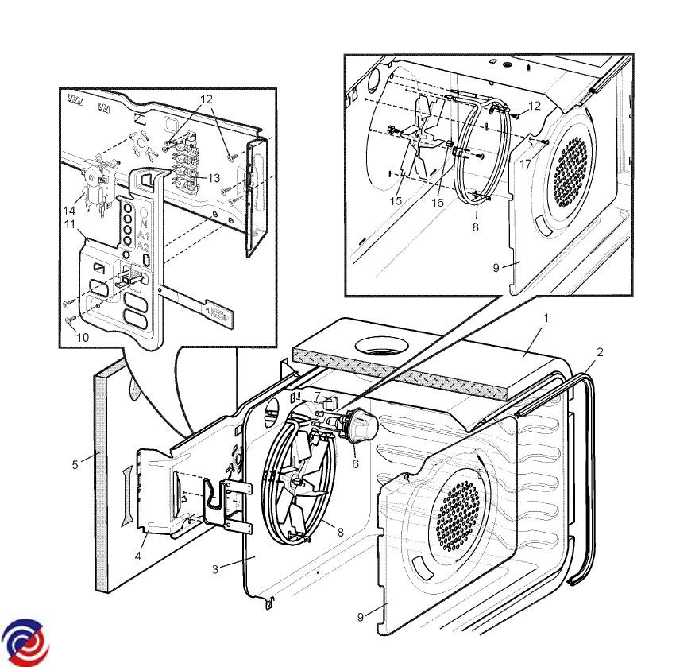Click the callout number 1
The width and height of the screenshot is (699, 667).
coord(546,317)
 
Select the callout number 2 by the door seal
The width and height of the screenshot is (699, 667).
coord(600,351)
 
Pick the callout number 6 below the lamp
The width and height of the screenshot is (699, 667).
coord(355,463)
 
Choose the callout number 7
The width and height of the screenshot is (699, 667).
coord(317,395)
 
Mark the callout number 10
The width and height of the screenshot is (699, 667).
coord(83,337)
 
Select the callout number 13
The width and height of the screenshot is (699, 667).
coord(214,178)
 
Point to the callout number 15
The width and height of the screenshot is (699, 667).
coord(396,202)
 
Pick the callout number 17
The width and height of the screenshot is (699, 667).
coord(526,165)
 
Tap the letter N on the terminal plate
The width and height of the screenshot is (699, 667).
coord(144,225)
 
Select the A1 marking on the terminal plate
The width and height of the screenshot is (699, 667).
coord(143,236)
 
